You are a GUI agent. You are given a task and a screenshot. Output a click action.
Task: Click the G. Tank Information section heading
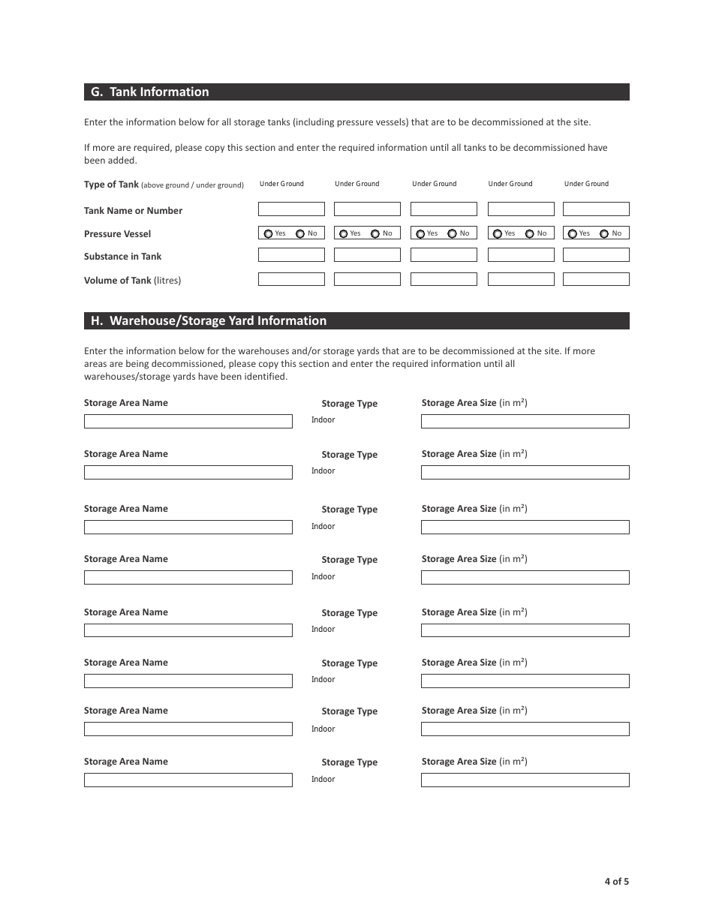pyautogui.click(x=150, y=92)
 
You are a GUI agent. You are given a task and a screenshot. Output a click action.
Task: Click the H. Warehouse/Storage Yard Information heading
pyautogui.click(x=209, y=321)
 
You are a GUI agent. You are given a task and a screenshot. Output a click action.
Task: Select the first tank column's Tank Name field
pyautogui.click(x=291, y=209)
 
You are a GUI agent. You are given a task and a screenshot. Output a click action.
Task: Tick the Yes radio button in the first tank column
pyautogui.click(x=269, y=234)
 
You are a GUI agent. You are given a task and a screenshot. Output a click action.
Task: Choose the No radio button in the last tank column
pyautogui.click(x=604, y=234)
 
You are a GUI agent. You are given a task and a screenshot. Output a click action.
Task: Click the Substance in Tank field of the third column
pyautogui.click(x=444, y=255)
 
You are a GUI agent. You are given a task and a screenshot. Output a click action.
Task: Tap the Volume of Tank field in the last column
pyautogui.click(x=596, y=279)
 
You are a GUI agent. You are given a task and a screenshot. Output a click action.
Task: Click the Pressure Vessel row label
pyautogui.click(x=118, y=234)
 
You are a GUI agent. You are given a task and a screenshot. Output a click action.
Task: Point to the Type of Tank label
pyautogui.click(x=111, y=185)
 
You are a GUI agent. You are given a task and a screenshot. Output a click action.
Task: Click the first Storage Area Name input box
pyautogui.click(x=188, y=422)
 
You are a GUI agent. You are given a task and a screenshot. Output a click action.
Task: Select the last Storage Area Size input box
pyautogui.click(x=525, y=780)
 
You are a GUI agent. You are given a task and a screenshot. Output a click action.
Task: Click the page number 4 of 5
pyautogui.click(x=617, y=882)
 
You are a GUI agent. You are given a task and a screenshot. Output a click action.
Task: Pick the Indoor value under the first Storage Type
pyautogui.click(x=323, y=420)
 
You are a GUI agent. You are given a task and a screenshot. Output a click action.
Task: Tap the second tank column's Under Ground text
pyautogui.click(x=357, y=184)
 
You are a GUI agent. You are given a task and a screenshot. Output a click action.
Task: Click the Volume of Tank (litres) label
pyautogui.click(x=132, y=281)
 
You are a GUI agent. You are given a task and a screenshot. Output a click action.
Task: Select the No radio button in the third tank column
pyautogui.click(x=452, y=234)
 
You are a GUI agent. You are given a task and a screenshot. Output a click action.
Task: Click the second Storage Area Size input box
pyautogui.click(x=525, y=473)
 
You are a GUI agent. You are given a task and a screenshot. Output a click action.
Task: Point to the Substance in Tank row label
pyautogui.click(x=122, y=257)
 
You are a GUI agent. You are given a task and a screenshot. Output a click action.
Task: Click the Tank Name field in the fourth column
pyautogui.click(x=521, y=209)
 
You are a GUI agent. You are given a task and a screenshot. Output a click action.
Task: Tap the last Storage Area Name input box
pyautogui.click(x=188, y=780)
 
